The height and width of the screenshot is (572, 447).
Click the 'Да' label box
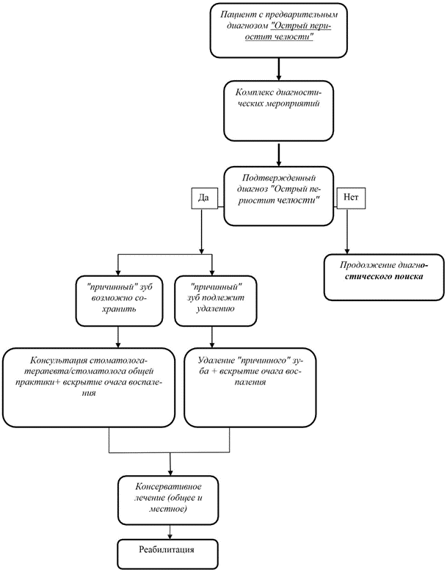pos(205,198)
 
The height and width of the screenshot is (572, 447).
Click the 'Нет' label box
pos(351,198)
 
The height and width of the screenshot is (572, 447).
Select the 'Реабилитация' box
pos(167,554)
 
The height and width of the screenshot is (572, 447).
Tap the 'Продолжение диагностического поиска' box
pos(384,278)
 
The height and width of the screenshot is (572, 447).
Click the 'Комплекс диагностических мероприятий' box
pos(279,111)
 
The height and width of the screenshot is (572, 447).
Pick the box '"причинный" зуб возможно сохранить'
pos(119,301)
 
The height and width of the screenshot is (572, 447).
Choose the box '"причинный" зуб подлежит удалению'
pos(216,301)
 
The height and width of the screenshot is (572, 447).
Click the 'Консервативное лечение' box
pos(168,500)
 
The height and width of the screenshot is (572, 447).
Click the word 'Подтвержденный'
pos(279,178)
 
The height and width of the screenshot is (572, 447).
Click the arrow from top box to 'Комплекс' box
pos(279,69)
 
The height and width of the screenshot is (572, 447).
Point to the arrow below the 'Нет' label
pos(347,231)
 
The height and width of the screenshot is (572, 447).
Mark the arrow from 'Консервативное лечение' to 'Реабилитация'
pos(170,532)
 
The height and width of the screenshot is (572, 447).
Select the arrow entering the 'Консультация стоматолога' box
pos(117,337)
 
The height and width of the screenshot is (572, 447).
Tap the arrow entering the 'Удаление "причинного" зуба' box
pos(212,337)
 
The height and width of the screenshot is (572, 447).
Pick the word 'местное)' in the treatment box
pos(168,509)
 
